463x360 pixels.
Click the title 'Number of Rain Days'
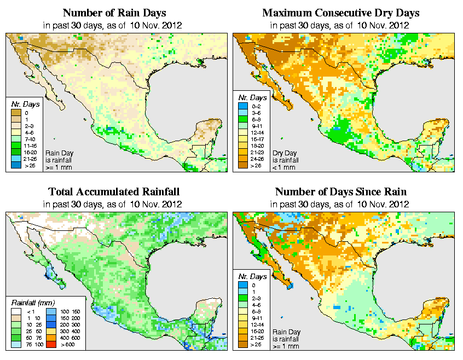pos(114,13)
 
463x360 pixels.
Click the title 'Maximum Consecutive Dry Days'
pos(340,13)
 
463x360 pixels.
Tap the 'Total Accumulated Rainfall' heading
pos(114,192)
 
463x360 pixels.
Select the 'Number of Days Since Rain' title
pos(340,192)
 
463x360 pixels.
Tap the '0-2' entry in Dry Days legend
pos(247,106)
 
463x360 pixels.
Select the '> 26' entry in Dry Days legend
pos(247,166)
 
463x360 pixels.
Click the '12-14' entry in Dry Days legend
pos(247,132)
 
